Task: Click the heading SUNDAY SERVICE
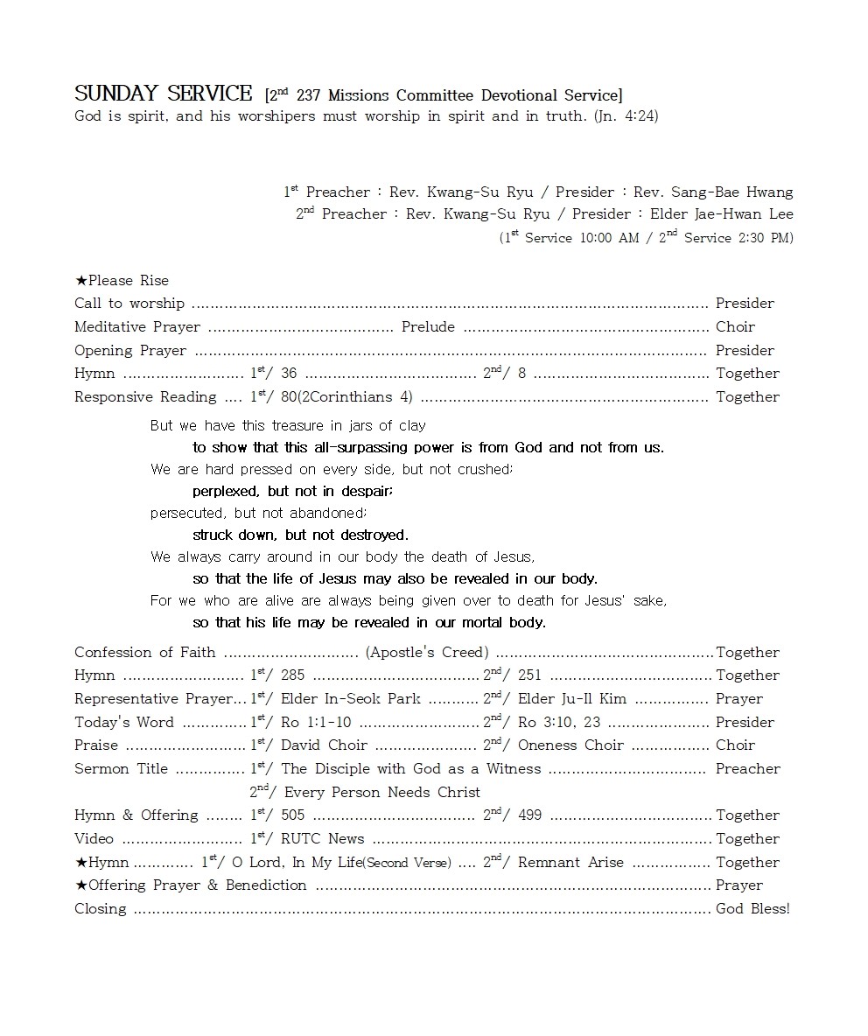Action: point(164,94)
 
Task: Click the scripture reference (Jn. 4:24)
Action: point(626,115)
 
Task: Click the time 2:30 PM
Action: point(764,238)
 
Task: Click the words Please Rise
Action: point(128,281)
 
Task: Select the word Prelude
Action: point(428,327)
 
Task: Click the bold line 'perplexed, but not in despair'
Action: point(292,492)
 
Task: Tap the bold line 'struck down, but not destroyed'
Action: point(300,535)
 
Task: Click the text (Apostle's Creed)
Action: point(427,653)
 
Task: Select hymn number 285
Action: point(292,675)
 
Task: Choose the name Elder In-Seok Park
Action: point(350,699)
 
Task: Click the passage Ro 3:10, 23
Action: point(559,723)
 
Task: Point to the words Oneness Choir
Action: point(570,745)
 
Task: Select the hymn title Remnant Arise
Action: point(570,863)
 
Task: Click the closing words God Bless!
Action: point(752,909)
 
